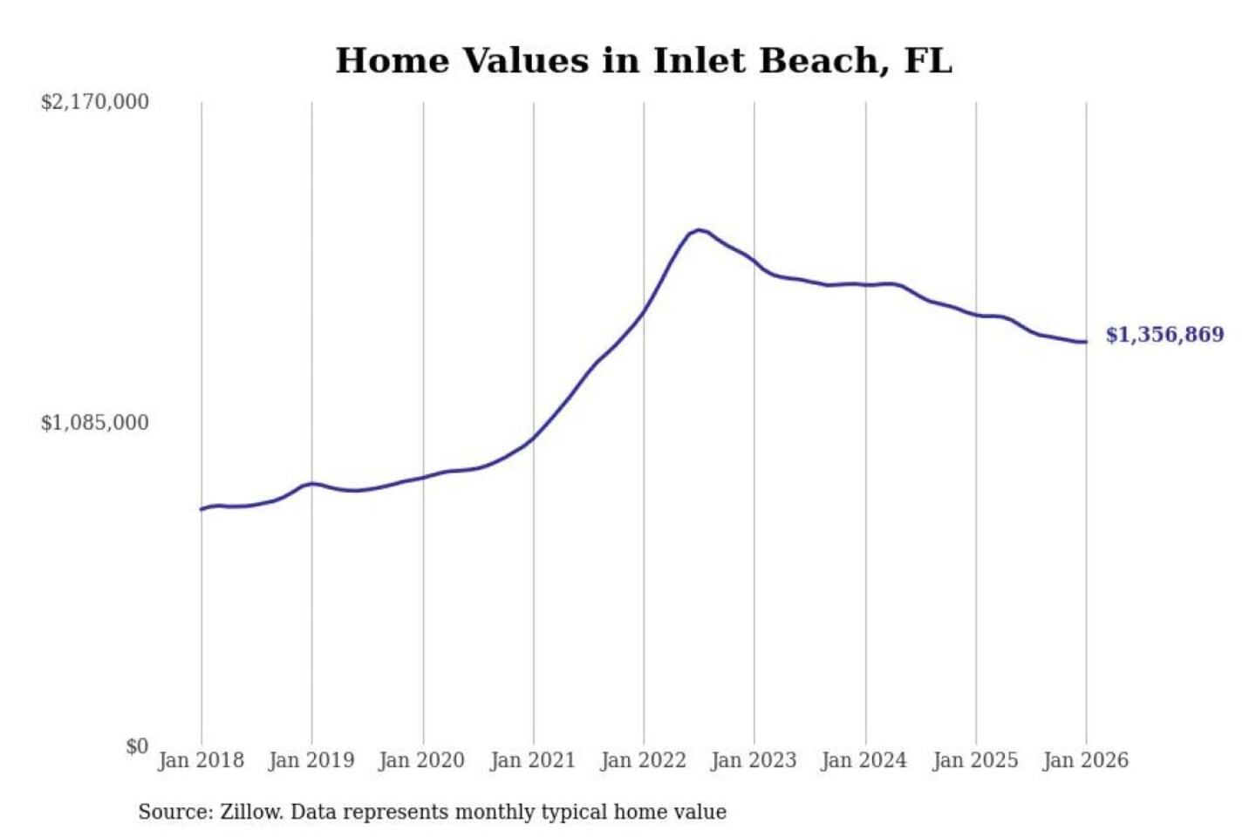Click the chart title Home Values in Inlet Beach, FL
[x=644, y=61]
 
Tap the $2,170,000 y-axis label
[x=95, y=102]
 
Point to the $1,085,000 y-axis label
[x=95, y=423]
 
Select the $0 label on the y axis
[x=137, y=746]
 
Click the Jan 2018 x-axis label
[x=201, y=760]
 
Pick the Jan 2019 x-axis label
[x=311, y=760]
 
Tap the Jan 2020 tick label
[x=422, y=760]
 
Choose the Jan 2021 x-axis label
[x=533, y=760]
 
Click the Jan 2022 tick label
[x=644, y=760]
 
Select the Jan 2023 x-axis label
[x=754, y=760]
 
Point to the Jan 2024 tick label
[x=864, y=760]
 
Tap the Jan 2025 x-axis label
[x=975, y=760]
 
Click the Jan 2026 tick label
[x=1086, y=760]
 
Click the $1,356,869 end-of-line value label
[x=1164, y=335]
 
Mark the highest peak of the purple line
[x=699, y=230]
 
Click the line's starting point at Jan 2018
[x=201, y=509]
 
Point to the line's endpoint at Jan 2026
[x=1086, y=342]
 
